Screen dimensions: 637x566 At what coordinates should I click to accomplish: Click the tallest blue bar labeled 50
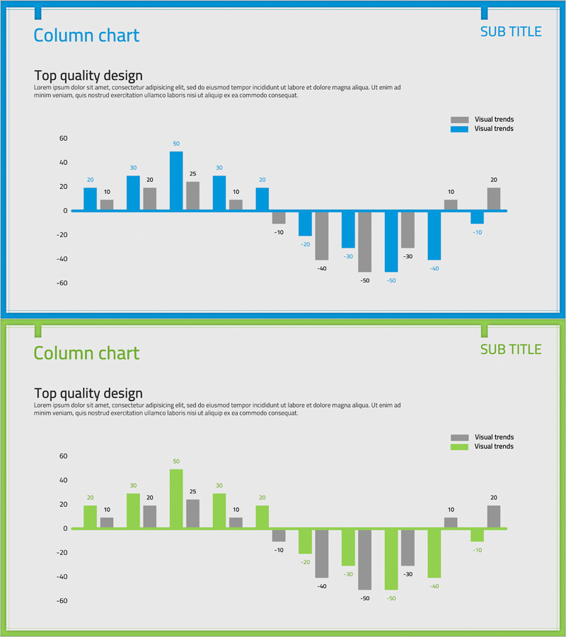pyautogui.click(x=176, y=181)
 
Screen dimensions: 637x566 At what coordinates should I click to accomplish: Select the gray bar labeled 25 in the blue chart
pyautogui.click(x=192, y=196)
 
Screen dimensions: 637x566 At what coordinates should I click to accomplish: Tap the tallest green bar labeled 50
pyautogui.click(x=176, y=499)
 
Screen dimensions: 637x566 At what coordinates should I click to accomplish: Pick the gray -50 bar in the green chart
pyautogui.click(x=364, y=559)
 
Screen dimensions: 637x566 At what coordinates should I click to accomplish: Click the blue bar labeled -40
pyautogui.click(x=434, y=236)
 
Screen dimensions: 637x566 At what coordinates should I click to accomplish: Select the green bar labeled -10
pyautogui.click(x=477, y=535)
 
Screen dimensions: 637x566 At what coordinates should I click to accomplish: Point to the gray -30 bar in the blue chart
pyautogui.click(x=408, y=229)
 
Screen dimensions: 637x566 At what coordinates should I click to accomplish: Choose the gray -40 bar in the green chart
pyautogui.click(x=322, y=553)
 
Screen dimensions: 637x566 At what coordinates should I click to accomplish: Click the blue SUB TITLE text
pyautogui.click(x=511, y=32)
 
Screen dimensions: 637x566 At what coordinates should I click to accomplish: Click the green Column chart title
pyautogui.click(x=86, y=353)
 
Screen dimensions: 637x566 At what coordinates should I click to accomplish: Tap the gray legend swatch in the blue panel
pyautogui.click(x=459, y=120)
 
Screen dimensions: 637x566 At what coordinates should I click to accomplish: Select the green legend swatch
pyautogui.click(x=459, y=447)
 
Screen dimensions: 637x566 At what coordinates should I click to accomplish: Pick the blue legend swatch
pyautogui.click(x=459, y=129)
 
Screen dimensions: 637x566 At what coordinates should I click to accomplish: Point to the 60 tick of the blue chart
pyautogui.click(x=63, y=138)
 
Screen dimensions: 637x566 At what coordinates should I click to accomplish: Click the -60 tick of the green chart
pyautogui.click(x=62, y=601)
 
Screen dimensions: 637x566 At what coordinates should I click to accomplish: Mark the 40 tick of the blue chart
pyautogui.click(x=63, y=162)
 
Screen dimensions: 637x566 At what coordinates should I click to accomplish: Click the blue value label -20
pyautogui.click(x=305, y=244)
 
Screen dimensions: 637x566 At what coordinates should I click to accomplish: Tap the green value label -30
pyautogui.click(x=348, y=574)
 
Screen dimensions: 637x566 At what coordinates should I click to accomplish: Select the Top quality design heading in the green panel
pyautogui.click(x=88, y=394)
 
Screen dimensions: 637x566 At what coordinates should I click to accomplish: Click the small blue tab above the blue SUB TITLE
pyautogui.click(x=485, y=13)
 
